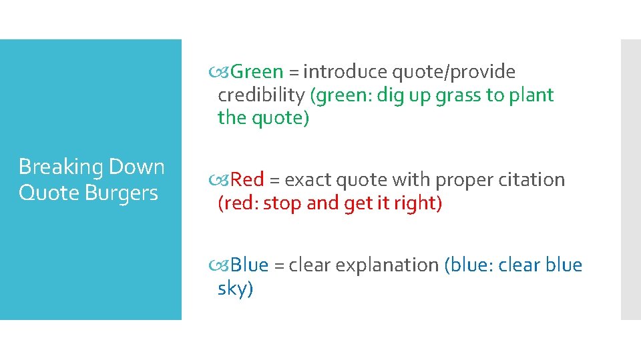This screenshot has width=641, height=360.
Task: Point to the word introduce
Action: pyautogui.click(x=346, y=72)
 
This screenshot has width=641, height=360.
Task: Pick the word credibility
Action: pyautogui.click(x=262, y=95)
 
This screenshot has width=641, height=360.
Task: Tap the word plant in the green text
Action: pyautogui.click(x=531, y=95)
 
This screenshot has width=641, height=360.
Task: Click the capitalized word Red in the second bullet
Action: pyautogui.click(x=248, y=180)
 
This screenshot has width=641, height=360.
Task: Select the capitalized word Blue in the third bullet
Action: pyautogui.click(x=250, y=265)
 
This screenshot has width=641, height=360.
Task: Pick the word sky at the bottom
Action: pyautogui.click(x=234, y=289)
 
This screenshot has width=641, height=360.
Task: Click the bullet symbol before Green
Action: pyautogui.click(x=224, y=72)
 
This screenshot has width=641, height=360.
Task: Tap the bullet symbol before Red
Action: pyautogui.click(x=224, y=180)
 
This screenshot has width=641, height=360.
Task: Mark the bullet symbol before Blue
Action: pyautogui.click(x=224, y=265)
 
